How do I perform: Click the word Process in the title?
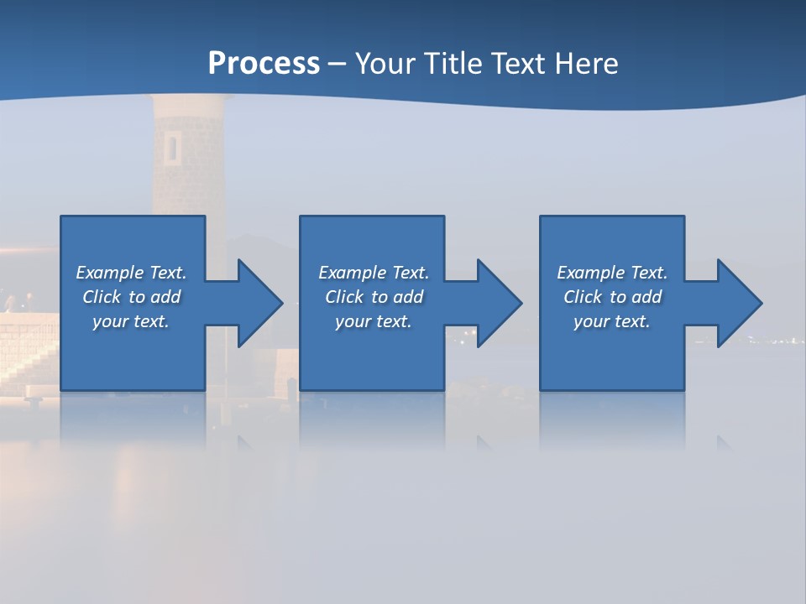coord(264,64)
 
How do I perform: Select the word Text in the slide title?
coord(516,64)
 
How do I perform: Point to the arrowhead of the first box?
coord(260,303)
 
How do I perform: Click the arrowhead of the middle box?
coord(500,303)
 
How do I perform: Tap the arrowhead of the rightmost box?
coord(740,303)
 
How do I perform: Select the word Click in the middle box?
coord(344,297)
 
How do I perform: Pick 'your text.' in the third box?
coord(611,321)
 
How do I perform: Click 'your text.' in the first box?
coord(131,321)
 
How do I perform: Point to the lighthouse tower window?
coord(172,148)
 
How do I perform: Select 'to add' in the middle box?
coord(397,297)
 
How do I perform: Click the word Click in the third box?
coord(583,297)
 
